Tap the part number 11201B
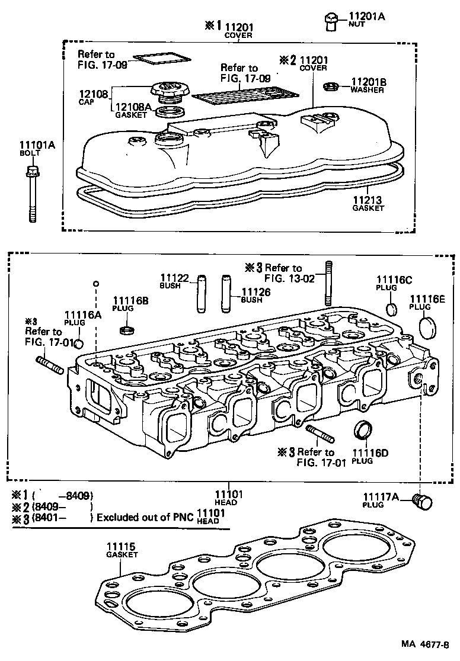pos(369,82)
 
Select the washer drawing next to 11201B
pos(331,88)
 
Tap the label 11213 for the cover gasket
pos(368,200)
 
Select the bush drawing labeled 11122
pos(200,293)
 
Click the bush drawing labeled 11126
pos(226,293)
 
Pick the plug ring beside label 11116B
pos(126,328)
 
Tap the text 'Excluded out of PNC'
pos(145,516)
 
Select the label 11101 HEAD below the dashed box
pos(226,496)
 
